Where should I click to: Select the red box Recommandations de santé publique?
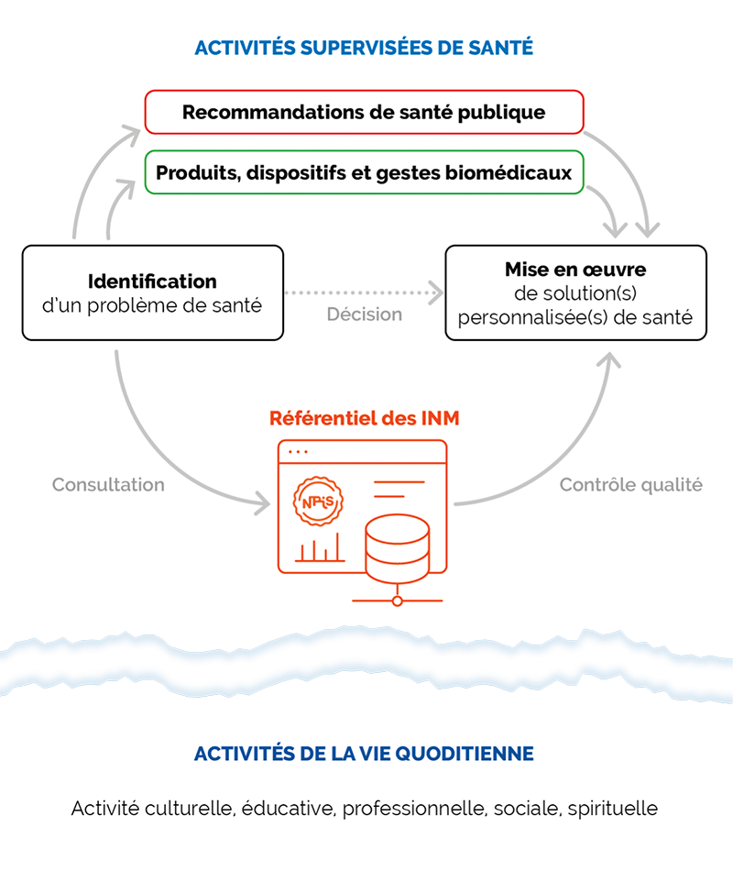click(x=364, y=112)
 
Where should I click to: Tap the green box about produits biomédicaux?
click(x=364, y=172)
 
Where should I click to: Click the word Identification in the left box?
click(x=152, y=281)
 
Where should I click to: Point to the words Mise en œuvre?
click(x=575, y=270)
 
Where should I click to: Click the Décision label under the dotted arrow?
click(x=365, y=314)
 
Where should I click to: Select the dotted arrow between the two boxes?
click(x=364, y=293)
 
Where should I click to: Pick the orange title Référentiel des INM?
click(x=365, y=419)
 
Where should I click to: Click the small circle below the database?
click(x=397, y=601)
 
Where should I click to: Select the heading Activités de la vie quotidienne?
click(x=364, y=755)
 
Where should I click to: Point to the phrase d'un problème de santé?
click(x=152, y=305)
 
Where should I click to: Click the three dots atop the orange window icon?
click(x=299, y=452)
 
